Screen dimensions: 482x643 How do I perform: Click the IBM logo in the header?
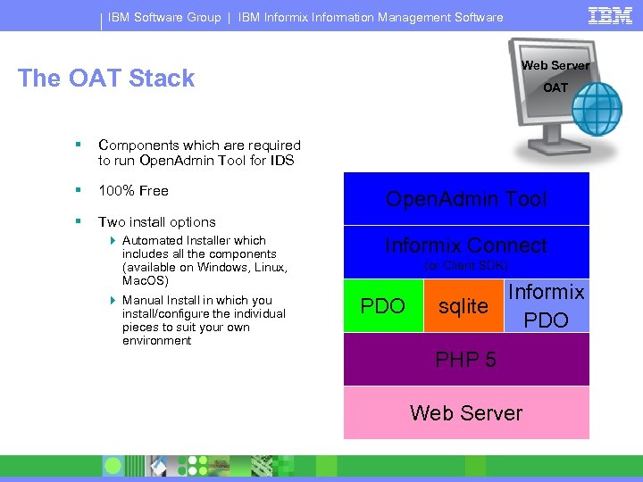610,15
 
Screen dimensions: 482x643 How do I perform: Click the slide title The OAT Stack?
106,79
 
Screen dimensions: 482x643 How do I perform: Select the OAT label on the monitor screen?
555,87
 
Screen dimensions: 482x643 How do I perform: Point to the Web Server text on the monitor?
555,65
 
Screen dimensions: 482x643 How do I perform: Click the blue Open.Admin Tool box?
466,199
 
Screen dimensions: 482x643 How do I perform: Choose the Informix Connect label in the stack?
466,245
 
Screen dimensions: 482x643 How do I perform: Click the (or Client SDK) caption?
466,266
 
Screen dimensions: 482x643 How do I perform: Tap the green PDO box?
382,306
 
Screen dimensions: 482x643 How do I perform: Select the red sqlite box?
463,306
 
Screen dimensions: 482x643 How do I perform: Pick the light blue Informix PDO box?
546,306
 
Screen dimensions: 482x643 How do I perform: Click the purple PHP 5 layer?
466,360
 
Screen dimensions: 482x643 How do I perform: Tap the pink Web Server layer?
466,412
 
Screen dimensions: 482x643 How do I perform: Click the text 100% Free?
133,191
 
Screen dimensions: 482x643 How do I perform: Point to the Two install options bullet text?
157,222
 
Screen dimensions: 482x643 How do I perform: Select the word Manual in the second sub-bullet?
142,301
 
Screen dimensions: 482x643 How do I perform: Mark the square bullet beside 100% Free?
79,191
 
